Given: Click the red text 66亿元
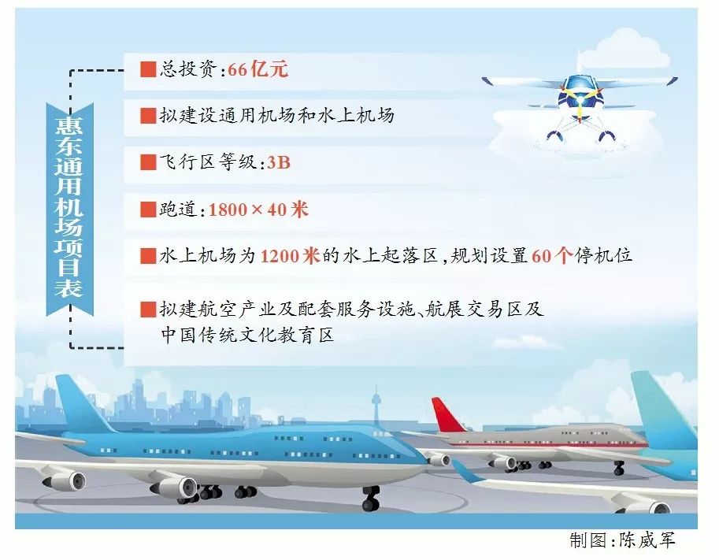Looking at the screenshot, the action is pos(258,70).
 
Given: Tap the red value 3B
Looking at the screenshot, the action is pos(278,163).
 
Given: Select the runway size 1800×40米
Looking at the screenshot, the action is pos(258,210).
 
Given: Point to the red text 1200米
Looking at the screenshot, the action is pos(290,255).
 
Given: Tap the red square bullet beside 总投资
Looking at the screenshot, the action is pos(148,69).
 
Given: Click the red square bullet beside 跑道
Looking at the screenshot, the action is pos(148,210).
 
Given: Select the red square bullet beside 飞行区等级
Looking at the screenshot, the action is pos(148,162).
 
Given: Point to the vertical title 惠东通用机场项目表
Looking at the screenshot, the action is pos(69,207).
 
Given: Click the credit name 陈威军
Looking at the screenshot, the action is pos(647,540).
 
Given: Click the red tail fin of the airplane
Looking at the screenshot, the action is pos(448,415).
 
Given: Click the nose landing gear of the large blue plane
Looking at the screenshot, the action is pos(370,499).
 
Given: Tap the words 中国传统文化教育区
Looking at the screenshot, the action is pos(247,335).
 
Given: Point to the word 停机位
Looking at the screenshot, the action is pos(603,255).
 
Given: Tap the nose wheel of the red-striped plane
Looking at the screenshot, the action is pos(619,469).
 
